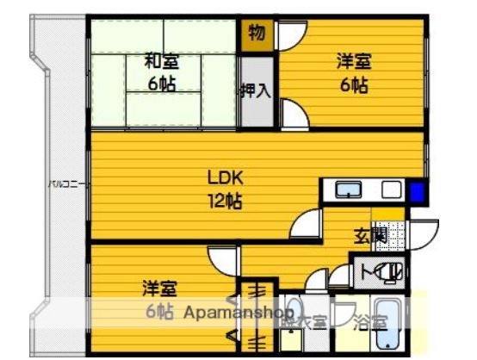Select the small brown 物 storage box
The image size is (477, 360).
click(256, 34)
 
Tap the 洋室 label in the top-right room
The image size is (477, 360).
click(353, 61)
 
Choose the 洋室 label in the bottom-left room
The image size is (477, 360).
click(160, 287)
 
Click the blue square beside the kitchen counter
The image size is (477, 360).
click(418, 191)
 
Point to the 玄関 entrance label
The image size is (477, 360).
click(371, 233)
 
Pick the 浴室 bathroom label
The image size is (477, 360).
click(371, 323)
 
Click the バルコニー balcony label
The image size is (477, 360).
click(65, 183)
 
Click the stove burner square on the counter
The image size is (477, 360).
click(392, 190)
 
